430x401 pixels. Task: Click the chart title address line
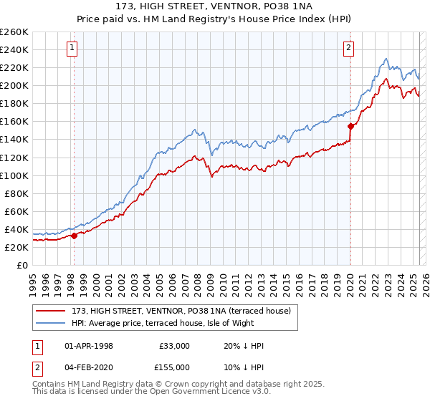coord(214,7)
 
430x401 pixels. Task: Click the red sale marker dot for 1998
coord(74,236)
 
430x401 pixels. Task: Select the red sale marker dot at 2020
coord(350,126)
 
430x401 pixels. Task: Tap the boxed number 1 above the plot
coord(73,49)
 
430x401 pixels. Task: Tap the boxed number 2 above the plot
coord(348,49)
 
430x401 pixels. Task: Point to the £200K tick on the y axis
coord(14,85)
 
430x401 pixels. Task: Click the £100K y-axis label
coord(14,175)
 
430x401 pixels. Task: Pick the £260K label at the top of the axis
coord(14,32)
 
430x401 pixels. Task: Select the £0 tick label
coord(21,265)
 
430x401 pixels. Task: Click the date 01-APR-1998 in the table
coord(89,346)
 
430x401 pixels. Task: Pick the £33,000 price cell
coord(174,346)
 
